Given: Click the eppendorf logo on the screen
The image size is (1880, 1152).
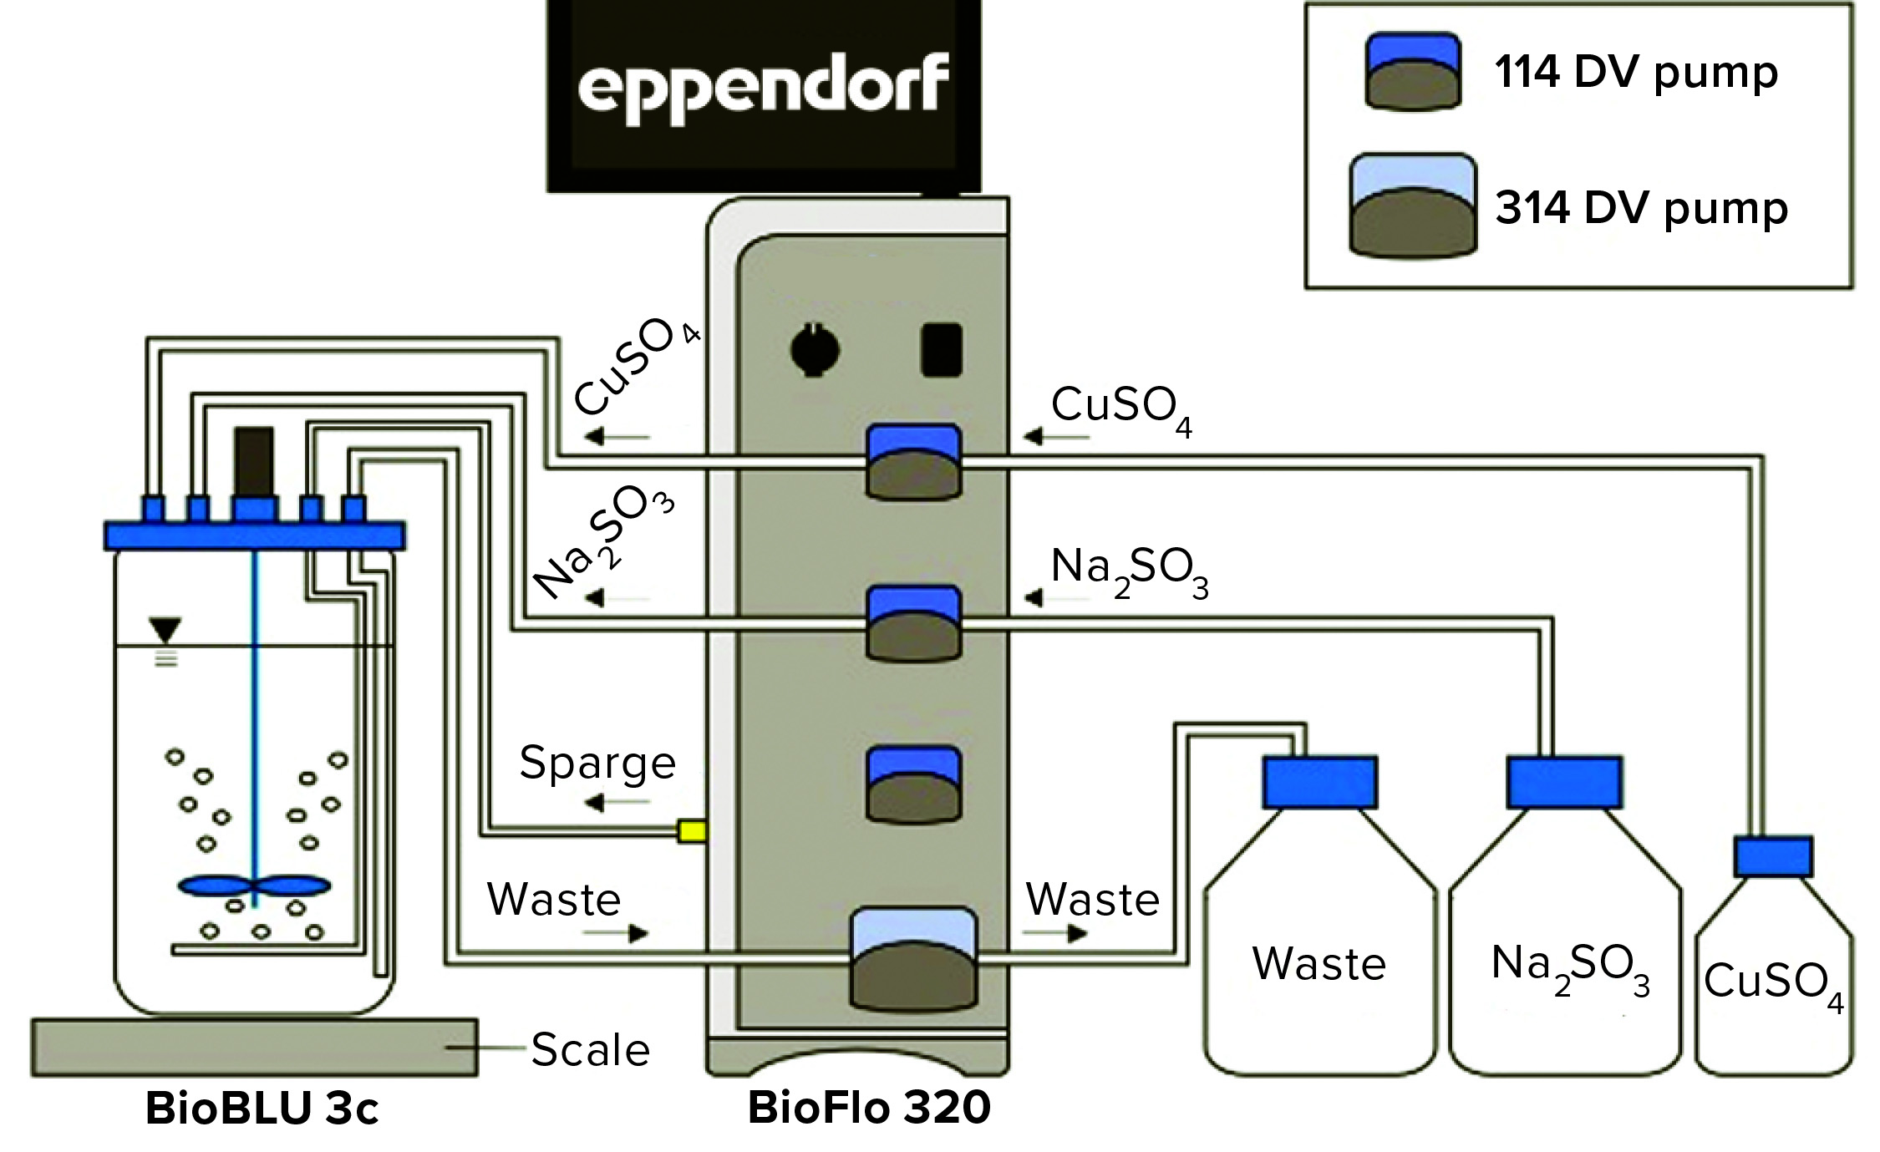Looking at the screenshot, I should coord(762,89).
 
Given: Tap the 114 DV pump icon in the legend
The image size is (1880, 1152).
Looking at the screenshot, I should coord(1412,72).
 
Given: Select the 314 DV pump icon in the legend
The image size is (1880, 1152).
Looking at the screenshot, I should coord(1412,206).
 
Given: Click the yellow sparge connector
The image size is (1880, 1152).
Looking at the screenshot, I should coord(692,830).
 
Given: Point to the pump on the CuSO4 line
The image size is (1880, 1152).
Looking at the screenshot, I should coord(912,463).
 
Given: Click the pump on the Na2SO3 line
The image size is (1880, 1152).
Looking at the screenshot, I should coord(912,625).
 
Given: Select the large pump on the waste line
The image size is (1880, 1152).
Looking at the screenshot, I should coord(912,958).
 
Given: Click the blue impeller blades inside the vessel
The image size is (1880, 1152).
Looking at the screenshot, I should coord(254,886).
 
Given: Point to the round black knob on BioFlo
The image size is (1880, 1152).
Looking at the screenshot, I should coord(815,350).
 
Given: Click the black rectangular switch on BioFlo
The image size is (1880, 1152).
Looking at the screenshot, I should coord(941,351).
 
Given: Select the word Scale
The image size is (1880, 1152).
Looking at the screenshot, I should coord(590,1050).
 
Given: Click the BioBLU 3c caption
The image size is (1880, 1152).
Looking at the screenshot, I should coord(262,1109).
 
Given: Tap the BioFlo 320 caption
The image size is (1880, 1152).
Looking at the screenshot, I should coord(869,1108).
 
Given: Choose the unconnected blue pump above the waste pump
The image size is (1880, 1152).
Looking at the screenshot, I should coord(912,785).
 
